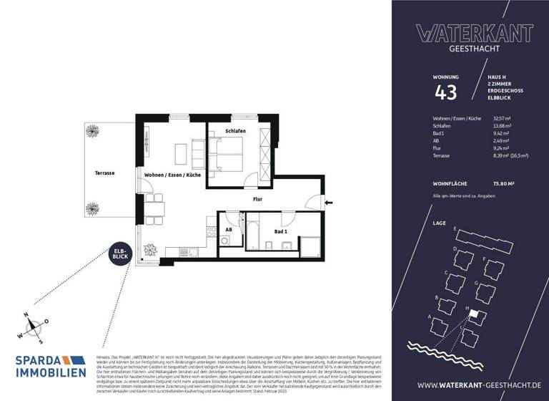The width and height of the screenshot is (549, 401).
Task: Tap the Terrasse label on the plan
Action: pos(104,173)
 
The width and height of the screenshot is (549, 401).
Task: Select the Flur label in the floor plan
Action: pos(259,201)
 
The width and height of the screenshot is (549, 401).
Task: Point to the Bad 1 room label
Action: pos(280,232)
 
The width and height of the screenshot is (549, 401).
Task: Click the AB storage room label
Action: pos(229,230)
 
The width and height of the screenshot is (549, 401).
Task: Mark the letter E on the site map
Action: pos(455,228)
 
